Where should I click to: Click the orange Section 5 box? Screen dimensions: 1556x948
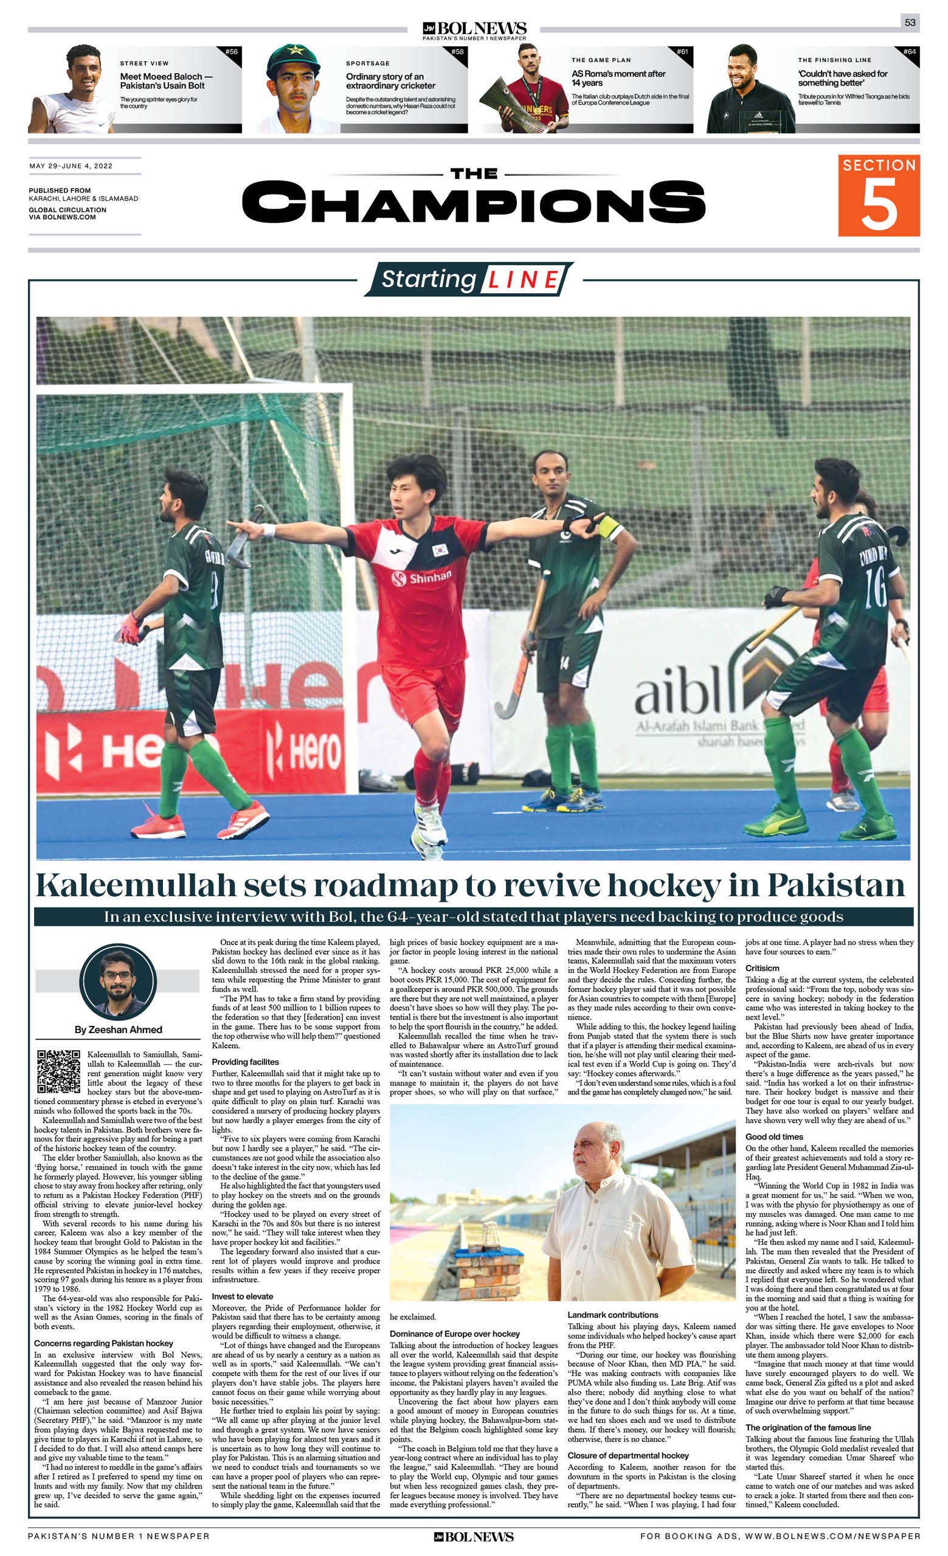878,195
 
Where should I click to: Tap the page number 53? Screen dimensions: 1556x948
910,22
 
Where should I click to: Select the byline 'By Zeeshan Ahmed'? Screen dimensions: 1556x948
118,1029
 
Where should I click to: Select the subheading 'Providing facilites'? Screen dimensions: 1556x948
245,1062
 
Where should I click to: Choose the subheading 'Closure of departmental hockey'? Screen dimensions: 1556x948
628,1455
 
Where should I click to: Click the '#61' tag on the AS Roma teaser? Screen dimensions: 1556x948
682,52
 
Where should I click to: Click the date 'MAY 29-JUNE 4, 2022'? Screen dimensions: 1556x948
71,166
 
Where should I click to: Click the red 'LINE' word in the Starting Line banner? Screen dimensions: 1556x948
523,280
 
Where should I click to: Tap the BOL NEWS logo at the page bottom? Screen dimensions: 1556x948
474,1537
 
